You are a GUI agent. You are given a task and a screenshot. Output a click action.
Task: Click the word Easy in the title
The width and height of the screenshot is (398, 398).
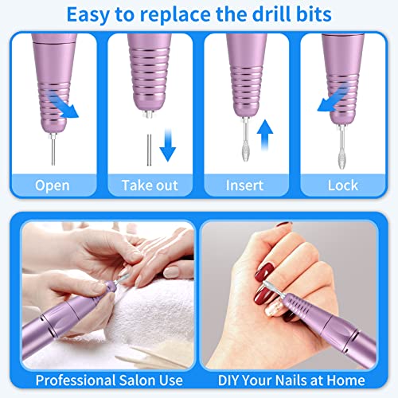88,14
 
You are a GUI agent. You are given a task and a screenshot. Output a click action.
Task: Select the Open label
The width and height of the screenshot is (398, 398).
53,185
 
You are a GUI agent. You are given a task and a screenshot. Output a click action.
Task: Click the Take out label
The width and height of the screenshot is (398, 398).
150,185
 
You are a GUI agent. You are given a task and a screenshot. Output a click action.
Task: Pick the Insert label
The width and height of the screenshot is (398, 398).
244,185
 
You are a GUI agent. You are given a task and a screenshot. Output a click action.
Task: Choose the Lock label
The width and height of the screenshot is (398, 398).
343,185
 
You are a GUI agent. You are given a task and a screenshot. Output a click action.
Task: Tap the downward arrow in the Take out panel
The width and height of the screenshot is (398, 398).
168,145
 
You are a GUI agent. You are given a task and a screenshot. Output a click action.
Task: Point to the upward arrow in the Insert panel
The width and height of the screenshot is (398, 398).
265,135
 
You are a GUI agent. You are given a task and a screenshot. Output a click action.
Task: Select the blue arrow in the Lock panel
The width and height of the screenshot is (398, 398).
333,98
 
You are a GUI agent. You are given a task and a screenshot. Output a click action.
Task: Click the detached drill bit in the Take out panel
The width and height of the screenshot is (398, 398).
149,150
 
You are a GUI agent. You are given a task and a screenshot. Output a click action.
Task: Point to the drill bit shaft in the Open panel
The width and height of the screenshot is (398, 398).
53,151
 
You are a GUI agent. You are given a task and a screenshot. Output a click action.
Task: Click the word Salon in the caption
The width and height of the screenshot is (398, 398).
135,380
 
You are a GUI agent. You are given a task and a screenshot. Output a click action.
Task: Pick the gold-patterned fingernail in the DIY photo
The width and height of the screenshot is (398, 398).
272,307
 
